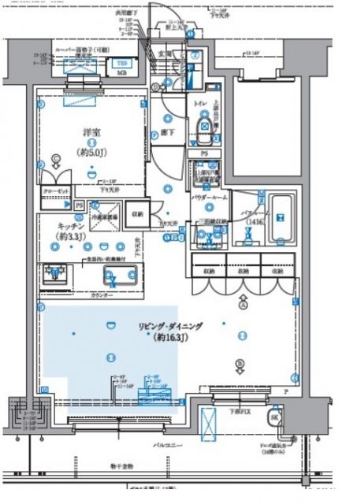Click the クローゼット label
(56, 191)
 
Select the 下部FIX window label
(239, 411)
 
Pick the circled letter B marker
(238, 363)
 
